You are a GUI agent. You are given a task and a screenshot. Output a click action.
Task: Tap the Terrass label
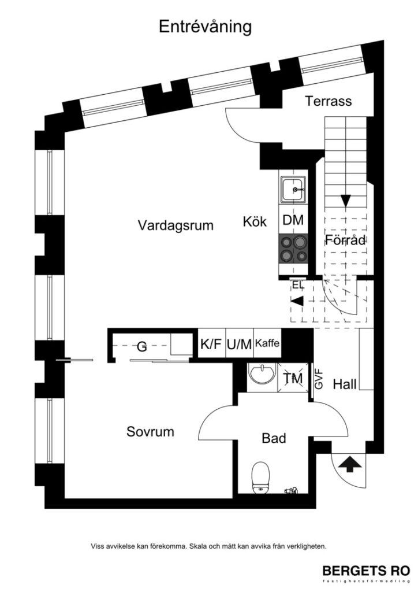coord(329,101)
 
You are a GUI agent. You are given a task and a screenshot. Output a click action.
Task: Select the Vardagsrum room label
coord(176,225)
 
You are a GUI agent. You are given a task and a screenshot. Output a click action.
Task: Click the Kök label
coord(255,221)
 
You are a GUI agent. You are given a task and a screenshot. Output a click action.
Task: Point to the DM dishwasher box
coord(293,220)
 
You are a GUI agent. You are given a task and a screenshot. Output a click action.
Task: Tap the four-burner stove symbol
coord(293,249)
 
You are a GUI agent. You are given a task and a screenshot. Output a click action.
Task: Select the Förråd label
coord(345,240)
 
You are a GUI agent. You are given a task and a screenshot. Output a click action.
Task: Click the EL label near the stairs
coord(297,285)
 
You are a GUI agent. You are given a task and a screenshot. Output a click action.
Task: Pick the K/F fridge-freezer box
coord(211,344)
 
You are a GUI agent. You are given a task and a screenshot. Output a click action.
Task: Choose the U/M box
coord(238,344)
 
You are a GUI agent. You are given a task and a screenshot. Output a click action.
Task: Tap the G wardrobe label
coord(141,347)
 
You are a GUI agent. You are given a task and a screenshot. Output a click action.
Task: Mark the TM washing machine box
coord(294,379)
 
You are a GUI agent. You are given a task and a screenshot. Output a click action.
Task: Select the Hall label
coord(345,384)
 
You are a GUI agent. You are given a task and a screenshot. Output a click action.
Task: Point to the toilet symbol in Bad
coord(262,477)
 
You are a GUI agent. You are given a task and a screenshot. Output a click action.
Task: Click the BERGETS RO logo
coord(365,570)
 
